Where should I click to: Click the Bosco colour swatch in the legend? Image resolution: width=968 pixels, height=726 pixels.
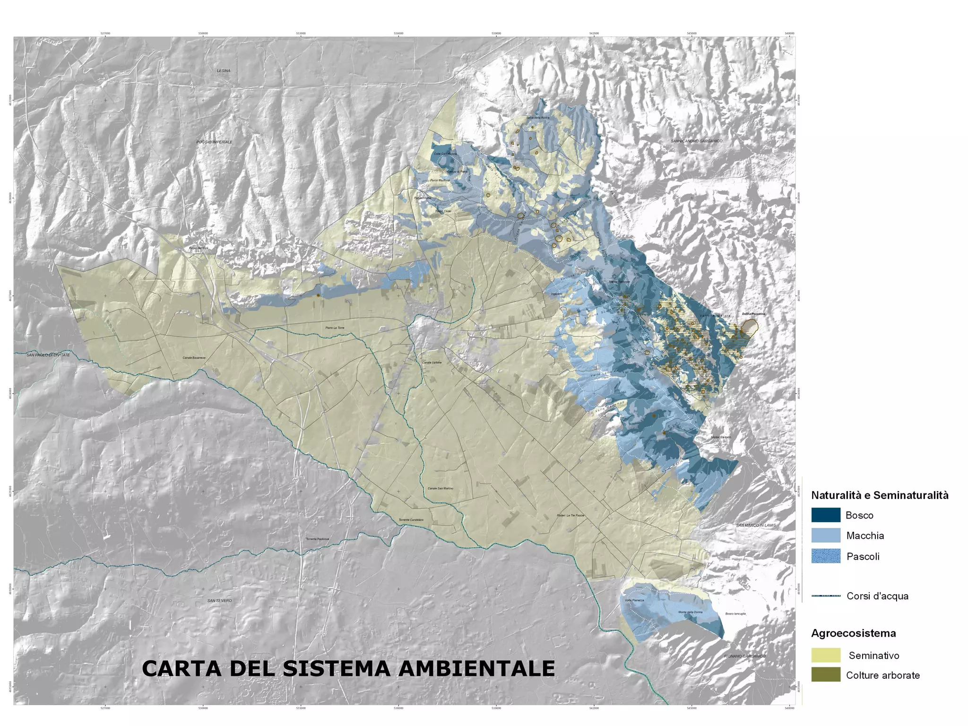point(826,515)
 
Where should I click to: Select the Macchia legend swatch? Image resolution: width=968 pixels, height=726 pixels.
point(826,535)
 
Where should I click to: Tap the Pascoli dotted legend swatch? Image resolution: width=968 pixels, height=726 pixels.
point(826,556)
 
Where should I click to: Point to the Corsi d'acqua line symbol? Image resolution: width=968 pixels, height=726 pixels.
point(826,596)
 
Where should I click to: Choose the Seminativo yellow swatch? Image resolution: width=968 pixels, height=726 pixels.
point(826,655)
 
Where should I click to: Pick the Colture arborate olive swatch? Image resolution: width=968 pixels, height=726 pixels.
point(826,675)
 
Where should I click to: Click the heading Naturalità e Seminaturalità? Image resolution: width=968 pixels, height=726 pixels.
point(880,495)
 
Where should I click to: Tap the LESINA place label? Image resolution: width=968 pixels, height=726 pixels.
point(224,71)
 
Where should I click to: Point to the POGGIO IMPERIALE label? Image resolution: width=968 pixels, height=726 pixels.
point(215,142)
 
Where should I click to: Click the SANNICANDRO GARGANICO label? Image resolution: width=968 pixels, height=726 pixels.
point(697,141)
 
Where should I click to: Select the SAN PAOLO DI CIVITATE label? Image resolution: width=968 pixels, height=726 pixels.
point(48,355)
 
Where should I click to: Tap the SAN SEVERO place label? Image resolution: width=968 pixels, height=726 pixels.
point(220,601)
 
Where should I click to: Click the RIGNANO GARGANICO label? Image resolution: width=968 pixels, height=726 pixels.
point(745,656)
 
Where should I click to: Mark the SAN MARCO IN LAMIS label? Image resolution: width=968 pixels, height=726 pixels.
point(756,526)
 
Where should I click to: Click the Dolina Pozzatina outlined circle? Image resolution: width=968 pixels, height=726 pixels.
point(750,326)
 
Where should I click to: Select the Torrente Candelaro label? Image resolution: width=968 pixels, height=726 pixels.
point(411,520)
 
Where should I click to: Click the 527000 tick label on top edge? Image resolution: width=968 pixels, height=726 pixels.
point(106,34)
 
